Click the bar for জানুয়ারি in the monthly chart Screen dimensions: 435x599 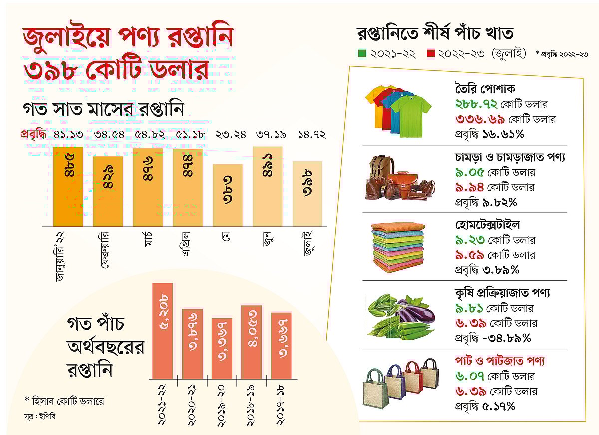68,187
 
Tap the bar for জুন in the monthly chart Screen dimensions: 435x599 268,187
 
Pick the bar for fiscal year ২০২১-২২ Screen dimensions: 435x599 163,331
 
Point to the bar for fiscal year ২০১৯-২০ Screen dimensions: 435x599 221,348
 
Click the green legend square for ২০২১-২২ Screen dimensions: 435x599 362,53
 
